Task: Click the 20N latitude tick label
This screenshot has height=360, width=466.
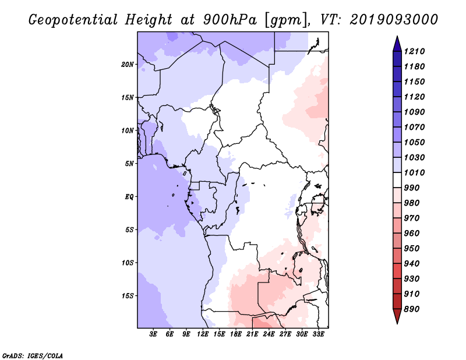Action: point(128,65)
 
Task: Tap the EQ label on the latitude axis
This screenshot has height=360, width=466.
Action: point(129,197)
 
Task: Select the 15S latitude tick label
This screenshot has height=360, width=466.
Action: point(128,296)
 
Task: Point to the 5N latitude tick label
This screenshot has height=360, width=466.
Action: point(129,164)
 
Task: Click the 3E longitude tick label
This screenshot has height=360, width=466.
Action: point(153,334)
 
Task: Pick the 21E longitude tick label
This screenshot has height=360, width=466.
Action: point(252,334)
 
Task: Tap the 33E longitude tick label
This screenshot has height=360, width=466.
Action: point(318,334)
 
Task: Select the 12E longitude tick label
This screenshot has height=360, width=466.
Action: point(203,334)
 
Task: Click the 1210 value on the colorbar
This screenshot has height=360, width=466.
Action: point(415,51)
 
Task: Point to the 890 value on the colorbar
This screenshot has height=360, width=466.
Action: point(412,309)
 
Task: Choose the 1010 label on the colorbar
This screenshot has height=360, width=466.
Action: point(415,172)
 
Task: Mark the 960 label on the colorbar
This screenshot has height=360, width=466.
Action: point(412,234)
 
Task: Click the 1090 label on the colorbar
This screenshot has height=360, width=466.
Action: point(415,112)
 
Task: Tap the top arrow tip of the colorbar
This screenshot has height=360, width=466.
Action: point(397,36)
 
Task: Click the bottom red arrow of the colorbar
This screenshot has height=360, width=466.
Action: point(397,316)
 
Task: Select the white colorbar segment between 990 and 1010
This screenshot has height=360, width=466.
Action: point(397,180)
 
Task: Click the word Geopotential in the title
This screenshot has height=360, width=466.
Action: point(73,20)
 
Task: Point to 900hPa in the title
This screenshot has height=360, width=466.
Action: point(230,20)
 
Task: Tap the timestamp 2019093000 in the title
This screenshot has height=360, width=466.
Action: point(394,19)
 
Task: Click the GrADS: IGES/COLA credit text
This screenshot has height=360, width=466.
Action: point(33,356)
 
